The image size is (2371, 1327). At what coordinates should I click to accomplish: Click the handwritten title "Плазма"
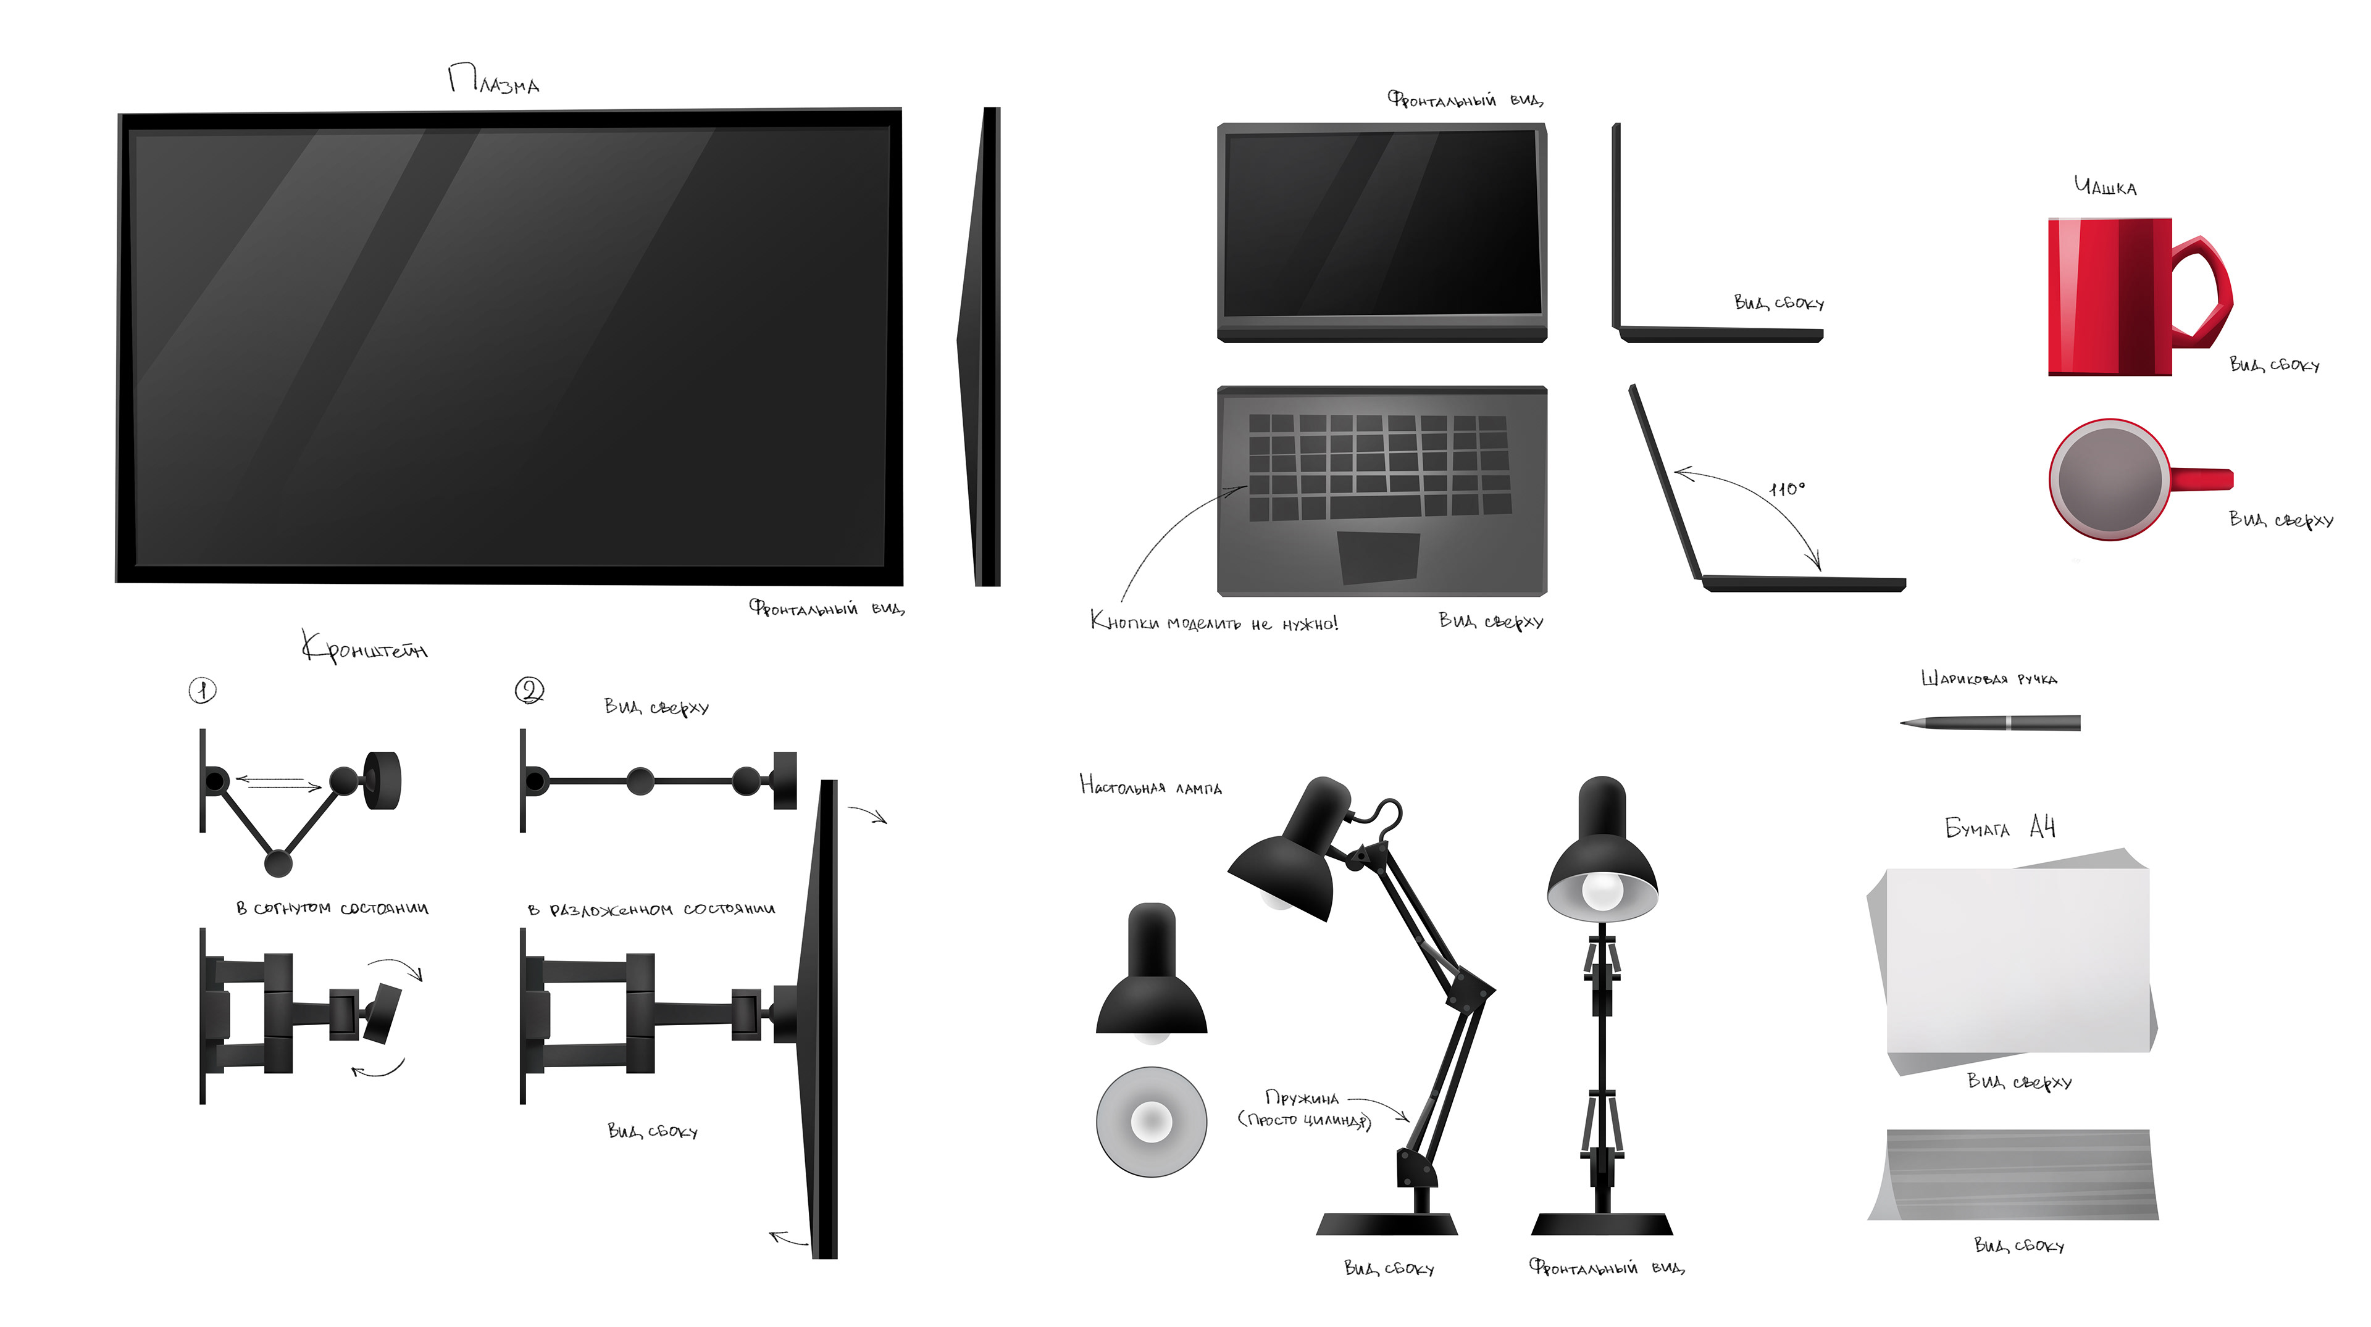point(493,81)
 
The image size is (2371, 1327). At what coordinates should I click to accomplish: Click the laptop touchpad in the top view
point(1378,557)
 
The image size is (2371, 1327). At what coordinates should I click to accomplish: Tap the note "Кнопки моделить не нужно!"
point(1213,623)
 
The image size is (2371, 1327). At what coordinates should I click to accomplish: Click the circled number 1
point(203,690)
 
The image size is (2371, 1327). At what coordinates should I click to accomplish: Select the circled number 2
point(529,690)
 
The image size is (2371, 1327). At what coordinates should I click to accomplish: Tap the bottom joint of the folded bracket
point(278,863)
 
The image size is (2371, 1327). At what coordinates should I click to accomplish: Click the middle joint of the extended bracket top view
point(641,781)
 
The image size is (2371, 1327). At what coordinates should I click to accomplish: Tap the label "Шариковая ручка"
point(1988,679)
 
